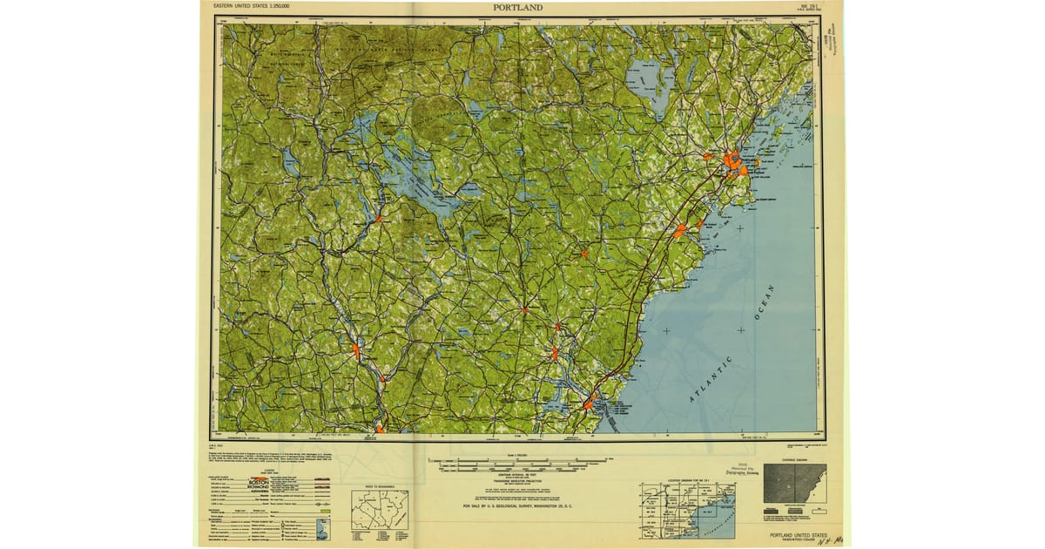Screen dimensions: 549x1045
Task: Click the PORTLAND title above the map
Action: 517,8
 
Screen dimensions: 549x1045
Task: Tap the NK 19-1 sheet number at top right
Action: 809,6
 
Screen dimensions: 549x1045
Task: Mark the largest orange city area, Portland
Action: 731,161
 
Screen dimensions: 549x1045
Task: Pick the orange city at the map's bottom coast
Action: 589,404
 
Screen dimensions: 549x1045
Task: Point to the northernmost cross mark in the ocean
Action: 740,228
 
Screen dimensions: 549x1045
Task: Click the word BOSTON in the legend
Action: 259,481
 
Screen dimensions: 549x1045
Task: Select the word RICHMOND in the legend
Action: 260,488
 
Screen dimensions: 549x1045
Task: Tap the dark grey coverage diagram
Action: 794,485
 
